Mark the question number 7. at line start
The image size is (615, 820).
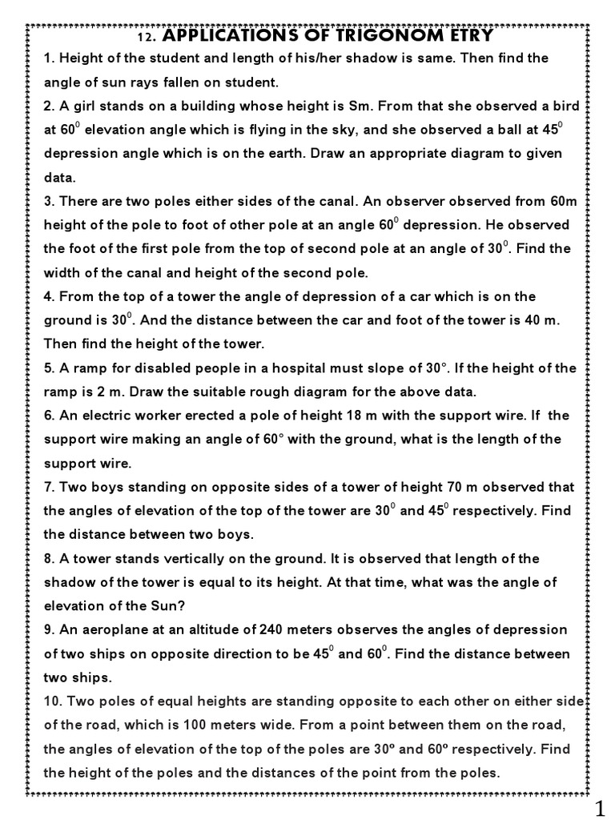coord(49,487)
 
